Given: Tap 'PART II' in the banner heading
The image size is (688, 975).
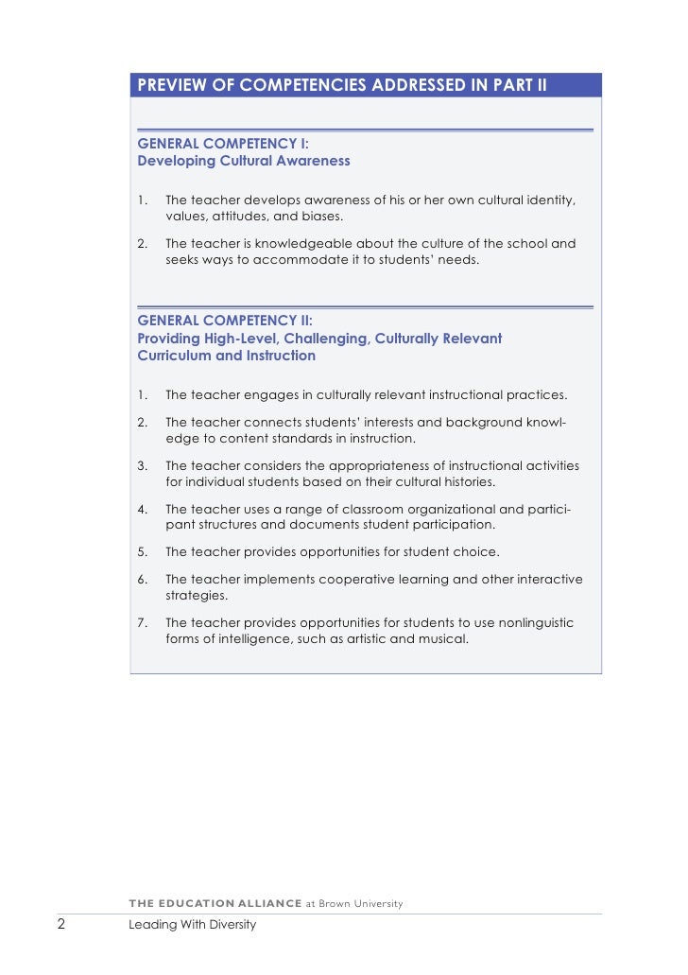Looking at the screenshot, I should tap(516, 87).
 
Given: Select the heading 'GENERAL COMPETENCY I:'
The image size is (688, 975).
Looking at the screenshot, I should tap(223, 144).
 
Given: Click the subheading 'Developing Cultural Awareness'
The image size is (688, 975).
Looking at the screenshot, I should tap(244, 161).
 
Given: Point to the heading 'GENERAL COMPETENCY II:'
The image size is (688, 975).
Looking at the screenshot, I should tap(226, 321).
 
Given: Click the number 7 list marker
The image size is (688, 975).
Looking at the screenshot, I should tap(142, 623).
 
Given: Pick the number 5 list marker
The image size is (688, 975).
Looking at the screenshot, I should tap(142, 551).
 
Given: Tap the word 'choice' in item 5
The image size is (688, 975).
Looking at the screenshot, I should tap(476, 551).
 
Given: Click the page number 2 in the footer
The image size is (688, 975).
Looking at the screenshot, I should tap(60, 924).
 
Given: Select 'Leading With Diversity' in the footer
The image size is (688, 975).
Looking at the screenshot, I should tap(192, 925).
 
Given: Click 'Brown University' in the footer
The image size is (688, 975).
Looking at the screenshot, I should tap(361, 903).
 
